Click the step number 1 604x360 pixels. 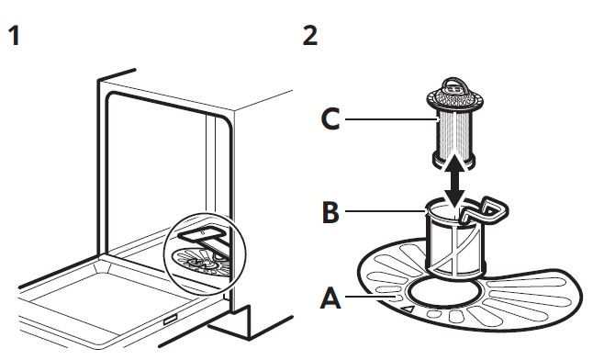pyautogui.click(x=15, y=36)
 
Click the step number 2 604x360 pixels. pyautogui.click(x=310, y=36)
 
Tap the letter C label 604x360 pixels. pyautogui.click(x=330, y=119)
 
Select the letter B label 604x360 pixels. pyautogui.click(x=330, y=211)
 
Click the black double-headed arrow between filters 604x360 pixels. pyautogui.click(x=456, y=181)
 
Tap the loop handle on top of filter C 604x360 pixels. pyautogui.click(x=454, y=84)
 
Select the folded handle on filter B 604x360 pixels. pyautogui.click(x=486, y=211)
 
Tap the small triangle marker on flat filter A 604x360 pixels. pyautogui.click(x=408, y=309)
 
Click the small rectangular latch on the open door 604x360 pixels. pyautogui.click(x=170, y=320)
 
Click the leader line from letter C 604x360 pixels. pyautogui.click(x=390, y=119)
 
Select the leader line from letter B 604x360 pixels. pyautogui.click(x=385, y=211)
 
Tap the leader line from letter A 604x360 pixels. pyautogui.click(x=371, y=296)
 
